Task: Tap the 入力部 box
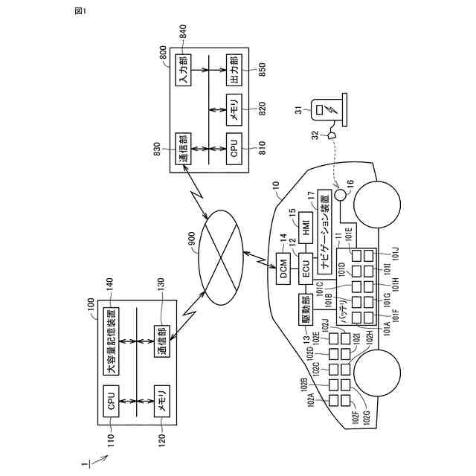pyautogui.click(x=183, y=71)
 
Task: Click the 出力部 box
pyautogui.click(x=234, y=71)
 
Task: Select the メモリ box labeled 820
pyautogui.click(x=234, y=109)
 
